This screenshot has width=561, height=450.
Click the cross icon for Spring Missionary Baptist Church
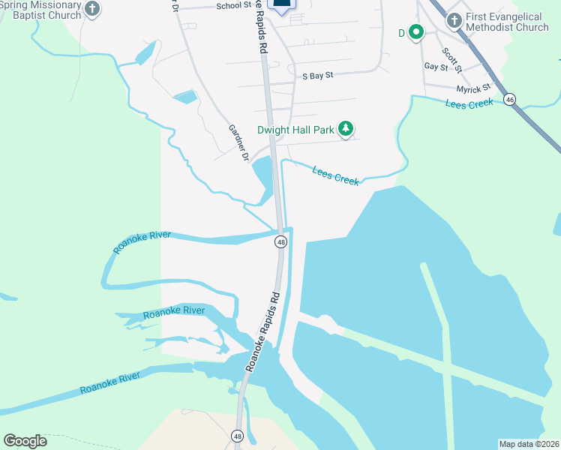(x=92, y=9)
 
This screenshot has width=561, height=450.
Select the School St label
(x=233, y=6)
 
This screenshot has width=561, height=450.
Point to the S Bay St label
(x=317, y=76)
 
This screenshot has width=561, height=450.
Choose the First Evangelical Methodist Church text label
(x=507, y=22)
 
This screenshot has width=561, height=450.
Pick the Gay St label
(x=436, y=67)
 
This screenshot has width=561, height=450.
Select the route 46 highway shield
(x=510, y=99)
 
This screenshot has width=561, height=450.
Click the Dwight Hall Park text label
(x=295, y=130)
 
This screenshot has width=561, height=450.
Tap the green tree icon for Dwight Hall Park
(x=346, y=130)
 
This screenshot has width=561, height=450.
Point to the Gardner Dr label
(x=238, y=142)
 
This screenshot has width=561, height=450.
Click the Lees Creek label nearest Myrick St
(x=469, y=104)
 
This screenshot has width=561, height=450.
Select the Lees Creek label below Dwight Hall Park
(x=335, y=175)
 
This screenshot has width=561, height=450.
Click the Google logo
(x=25, y=441)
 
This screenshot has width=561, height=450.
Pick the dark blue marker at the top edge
(x=281, y=4)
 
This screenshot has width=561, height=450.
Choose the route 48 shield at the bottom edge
(x=237, y=436)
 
